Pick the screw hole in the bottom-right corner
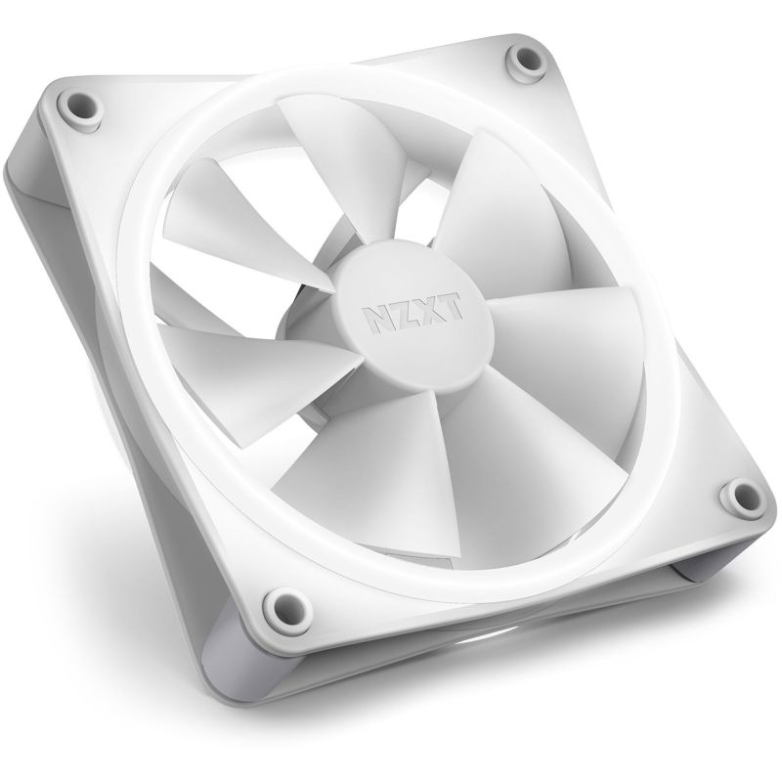pyautogui.click(x=735, y=496)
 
